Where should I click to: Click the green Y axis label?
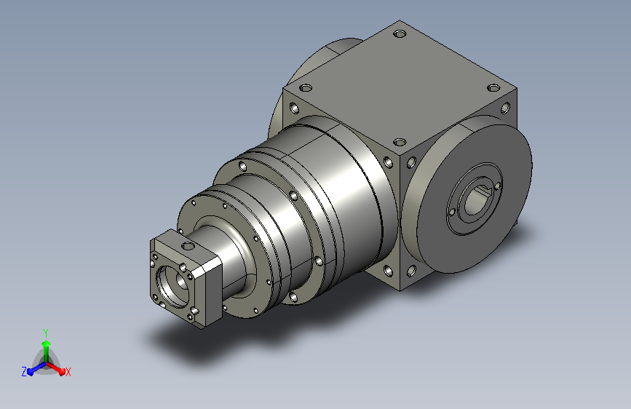46,333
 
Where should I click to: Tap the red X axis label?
68,372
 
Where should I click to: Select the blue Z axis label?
24,372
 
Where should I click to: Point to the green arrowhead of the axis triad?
47,344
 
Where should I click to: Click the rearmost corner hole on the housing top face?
400,33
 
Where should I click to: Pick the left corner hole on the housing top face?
306,88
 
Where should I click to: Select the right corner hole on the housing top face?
493,88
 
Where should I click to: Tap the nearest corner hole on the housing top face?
400,142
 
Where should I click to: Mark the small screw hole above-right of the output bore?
497,186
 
